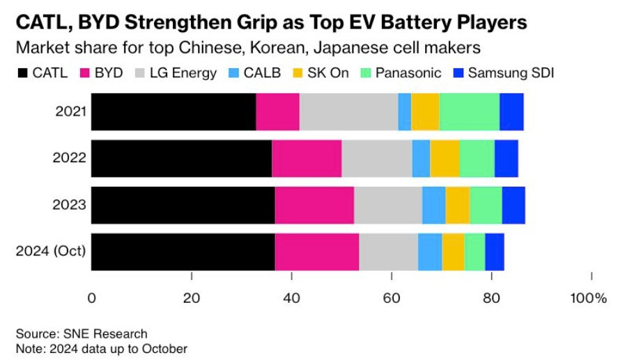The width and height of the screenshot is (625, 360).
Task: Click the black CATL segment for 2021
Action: [x=173, y=111]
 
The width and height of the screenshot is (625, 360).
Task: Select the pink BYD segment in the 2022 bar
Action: [x=307, y=158]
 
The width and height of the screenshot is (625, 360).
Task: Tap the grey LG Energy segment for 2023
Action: [x=388, y=205]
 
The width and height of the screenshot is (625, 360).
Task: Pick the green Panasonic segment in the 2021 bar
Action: [x=469, y=111]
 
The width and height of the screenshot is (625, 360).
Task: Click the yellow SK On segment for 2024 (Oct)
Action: [x=453, y=251]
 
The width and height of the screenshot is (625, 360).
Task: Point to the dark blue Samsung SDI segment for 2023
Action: [x=514, y=205]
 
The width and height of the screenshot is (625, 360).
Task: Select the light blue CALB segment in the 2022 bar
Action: [x=421, y=158]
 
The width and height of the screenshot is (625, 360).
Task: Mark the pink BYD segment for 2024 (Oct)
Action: [x=317, y=251]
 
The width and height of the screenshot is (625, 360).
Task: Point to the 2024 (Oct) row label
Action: [x=52, y=251]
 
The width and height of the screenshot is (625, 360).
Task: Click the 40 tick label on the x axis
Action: [x=291, y=299]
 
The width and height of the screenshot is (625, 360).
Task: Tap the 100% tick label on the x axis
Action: [x=588, y=299]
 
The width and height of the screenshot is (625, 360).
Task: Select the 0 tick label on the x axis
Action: [x=92, y=299]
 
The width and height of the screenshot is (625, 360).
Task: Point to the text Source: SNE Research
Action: [x=82, y=334]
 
